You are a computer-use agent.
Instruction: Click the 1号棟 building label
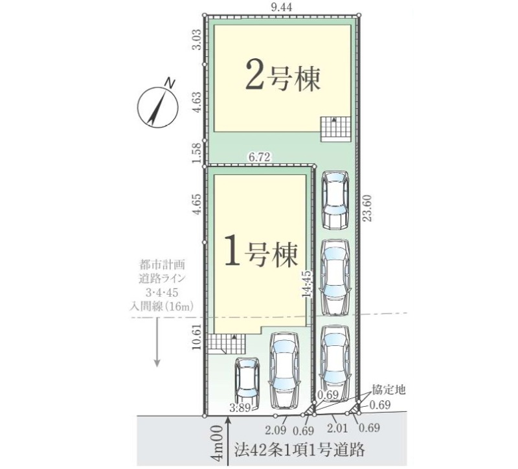point(261,254)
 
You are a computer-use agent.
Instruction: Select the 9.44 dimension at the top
point(282,7)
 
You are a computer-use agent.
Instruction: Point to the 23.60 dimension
point(368,208)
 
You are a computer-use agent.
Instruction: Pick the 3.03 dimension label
point(196,40)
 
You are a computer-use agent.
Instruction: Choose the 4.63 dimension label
point(196,102)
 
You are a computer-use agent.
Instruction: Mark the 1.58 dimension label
point(196,152)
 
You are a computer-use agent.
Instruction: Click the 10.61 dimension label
point(196,336)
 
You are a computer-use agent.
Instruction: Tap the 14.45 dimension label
point(306,284)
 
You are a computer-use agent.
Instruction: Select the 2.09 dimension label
point(276,430)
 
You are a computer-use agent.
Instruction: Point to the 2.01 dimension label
point(337,428)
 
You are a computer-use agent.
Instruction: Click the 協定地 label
point(388,390)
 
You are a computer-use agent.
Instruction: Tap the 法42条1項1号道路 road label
point(300,449)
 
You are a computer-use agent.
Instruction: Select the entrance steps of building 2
point(335,129)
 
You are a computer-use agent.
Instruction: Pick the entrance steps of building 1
point(227,344)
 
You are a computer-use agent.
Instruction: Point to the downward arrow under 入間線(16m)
point(157,343)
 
